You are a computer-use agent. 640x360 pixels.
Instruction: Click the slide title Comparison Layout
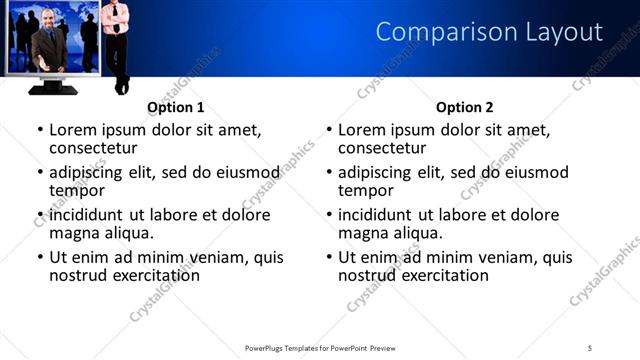[489, 33]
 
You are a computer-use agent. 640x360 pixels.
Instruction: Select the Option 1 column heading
[175, 107]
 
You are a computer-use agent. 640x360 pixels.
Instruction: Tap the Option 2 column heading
[464, 107]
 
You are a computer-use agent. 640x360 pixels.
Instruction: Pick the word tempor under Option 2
[365, 190]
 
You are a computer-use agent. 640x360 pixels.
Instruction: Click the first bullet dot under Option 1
[39, 130]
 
